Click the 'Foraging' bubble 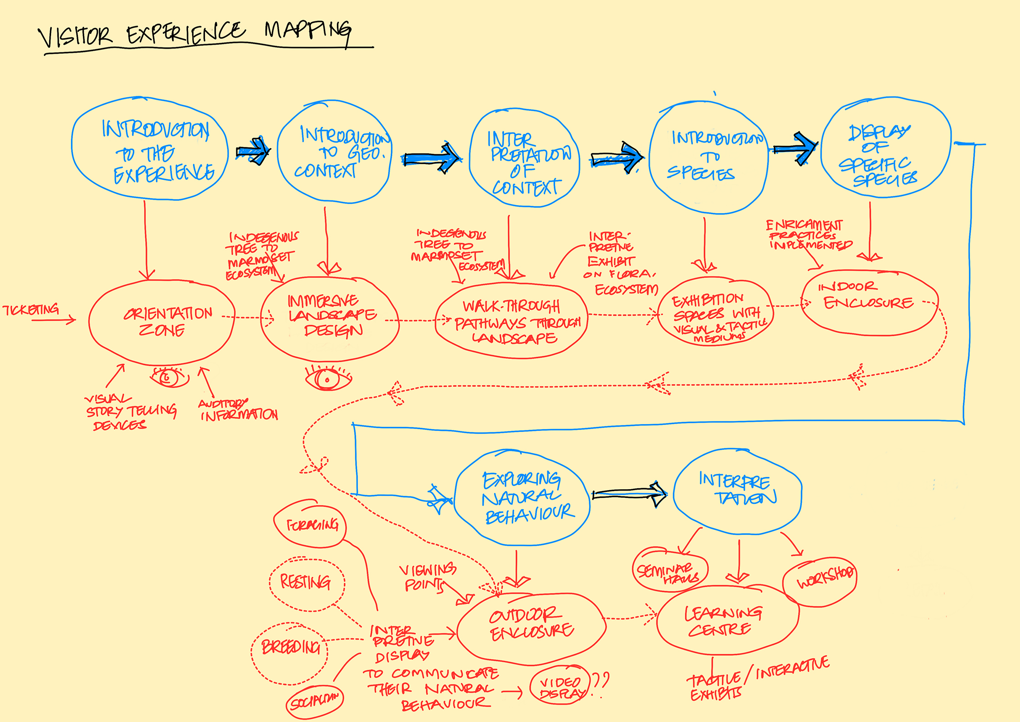[311, 525]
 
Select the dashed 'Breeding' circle [290, 648]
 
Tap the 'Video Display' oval [561, 686]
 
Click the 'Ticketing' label [31, 310]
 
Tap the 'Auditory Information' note [238, 410]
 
